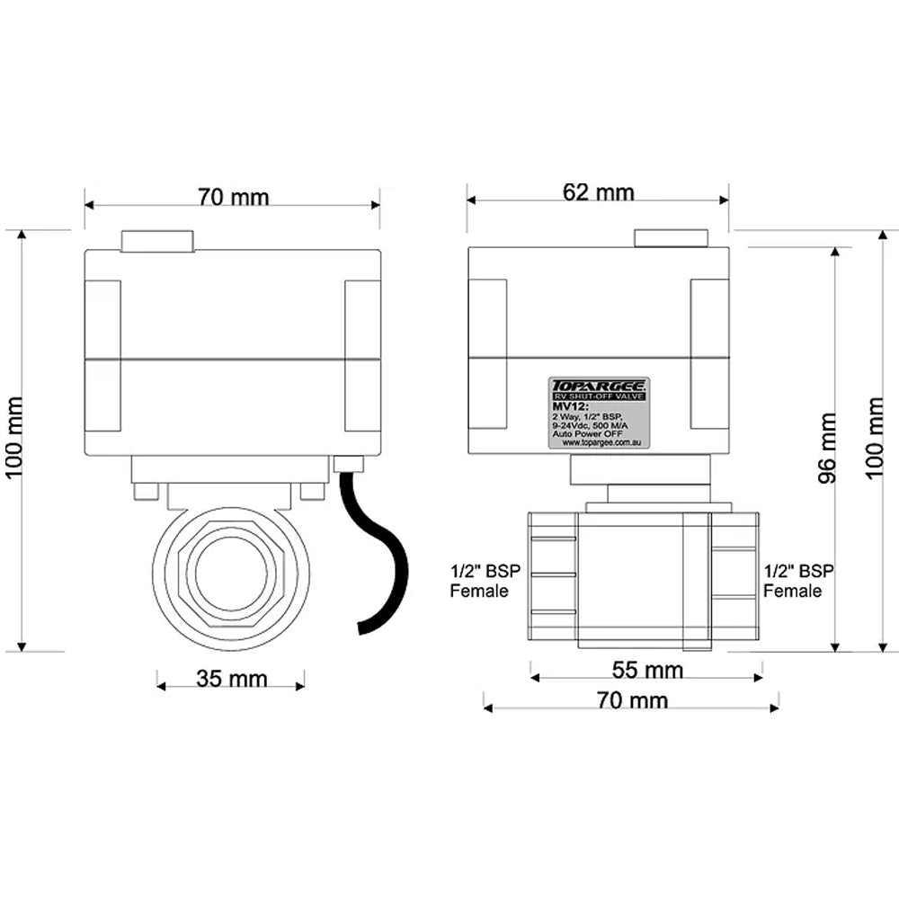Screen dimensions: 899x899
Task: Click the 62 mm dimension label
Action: pos(599,192)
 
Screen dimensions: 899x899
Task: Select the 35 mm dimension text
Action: pos(231,679)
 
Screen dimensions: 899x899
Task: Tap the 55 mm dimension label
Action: pos(647,670)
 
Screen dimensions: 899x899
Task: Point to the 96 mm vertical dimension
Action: pos(827,448)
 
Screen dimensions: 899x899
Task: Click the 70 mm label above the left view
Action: pos(233,197)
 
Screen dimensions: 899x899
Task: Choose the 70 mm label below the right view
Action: pos(632,699)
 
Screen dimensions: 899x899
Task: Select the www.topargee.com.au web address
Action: pos(599,442)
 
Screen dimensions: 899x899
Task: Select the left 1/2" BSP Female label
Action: pos(479,581)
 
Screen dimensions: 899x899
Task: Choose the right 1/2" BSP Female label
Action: pos(798,581)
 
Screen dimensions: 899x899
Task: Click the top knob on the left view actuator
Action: pos(157,241)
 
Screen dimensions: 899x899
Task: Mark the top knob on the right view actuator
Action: pos(671,237)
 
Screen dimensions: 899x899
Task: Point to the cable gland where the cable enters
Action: pos(347,464)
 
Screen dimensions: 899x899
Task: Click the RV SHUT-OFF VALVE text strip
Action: pos(599,396)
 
